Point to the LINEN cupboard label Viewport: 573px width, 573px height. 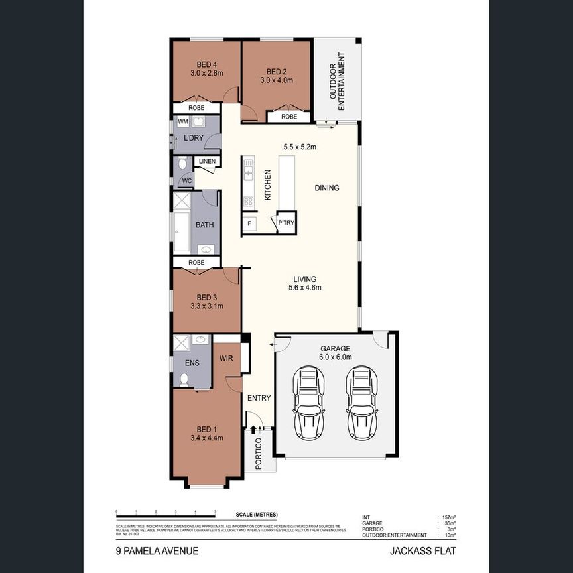click(206, 162)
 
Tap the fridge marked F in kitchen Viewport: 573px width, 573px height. click(249, 223)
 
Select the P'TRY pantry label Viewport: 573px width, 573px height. click(286, 223)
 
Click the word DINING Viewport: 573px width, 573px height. click(326, 188)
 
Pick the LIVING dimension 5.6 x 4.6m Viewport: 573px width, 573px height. click(305, 288)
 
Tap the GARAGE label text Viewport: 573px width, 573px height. click(335, 348)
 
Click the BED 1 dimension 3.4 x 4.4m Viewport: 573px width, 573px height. click(206, 438)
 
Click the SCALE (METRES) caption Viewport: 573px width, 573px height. click(257, 515)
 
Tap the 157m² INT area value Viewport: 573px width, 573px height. click(449, 517)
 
